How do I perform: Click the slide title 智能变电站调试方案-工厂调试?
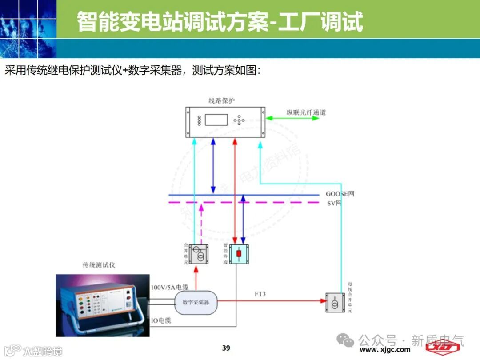220,21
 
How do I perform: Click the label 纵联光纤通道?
306,112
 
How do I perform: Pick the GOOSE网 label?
340,194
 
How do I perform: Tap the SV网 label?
334,203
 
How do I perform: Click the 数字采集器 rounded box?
196,302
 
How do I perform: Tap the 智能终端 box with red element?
239,254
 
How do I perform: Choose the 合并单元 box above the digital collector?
198,254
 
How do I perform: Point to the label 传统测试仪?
99,265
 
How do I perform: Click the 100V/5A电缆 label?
169,288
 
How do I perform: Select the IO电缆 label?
161,320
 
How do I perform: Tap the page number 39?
226,348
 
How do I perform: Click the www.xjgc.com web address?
385,350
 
